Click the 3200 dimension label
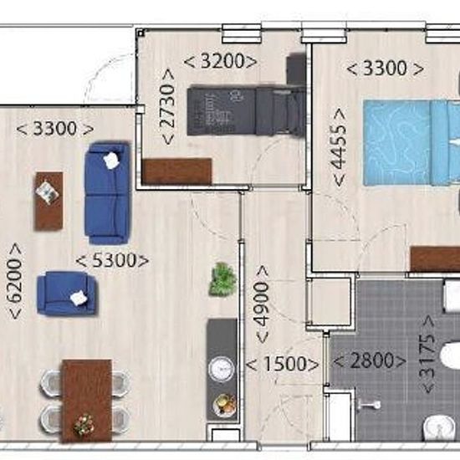(x=221, y=62)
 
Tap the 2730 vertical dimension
(x=168, y=106)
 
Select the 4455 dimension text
(x=339, y=147)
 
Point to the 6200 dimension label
(x=15, y=281)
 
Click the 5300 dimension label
(x=112, y=260)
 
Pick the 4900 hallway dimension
(x=262, y=304)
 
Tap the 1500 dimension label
(x=282, y=364)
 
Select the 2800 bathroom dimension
(x=370, y=360)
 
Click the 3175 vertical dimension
(x=428, y=355)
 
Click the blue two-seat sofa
(x=107, y=194)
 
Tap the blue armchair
(x=66, y=293)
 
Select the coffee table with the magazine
(x=49, y=202)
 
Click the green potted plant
(x=222, y=279)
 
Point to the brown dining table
(x=87, y=401)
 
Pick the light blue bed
(x=411, y=142)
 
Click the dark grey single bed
(x=246, y=110)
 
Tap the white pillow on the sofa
(x=111, y=161)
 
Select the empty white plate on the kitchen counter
(x=222, y=369)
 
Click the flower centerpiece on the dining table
(x=84, y=425)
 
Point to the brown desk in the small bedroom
(x=177, y=172)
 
